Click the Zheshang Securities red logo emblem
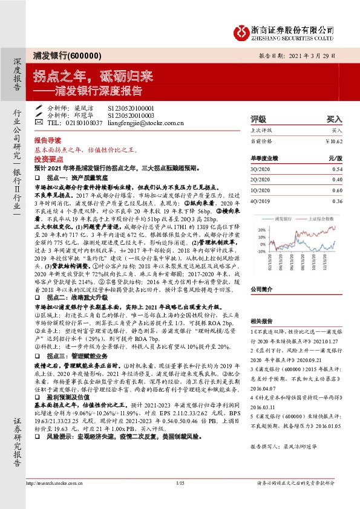[243, 30]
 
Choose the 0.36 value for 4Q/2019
[337, 201]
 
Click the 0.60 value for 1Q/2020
[337, 190]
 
